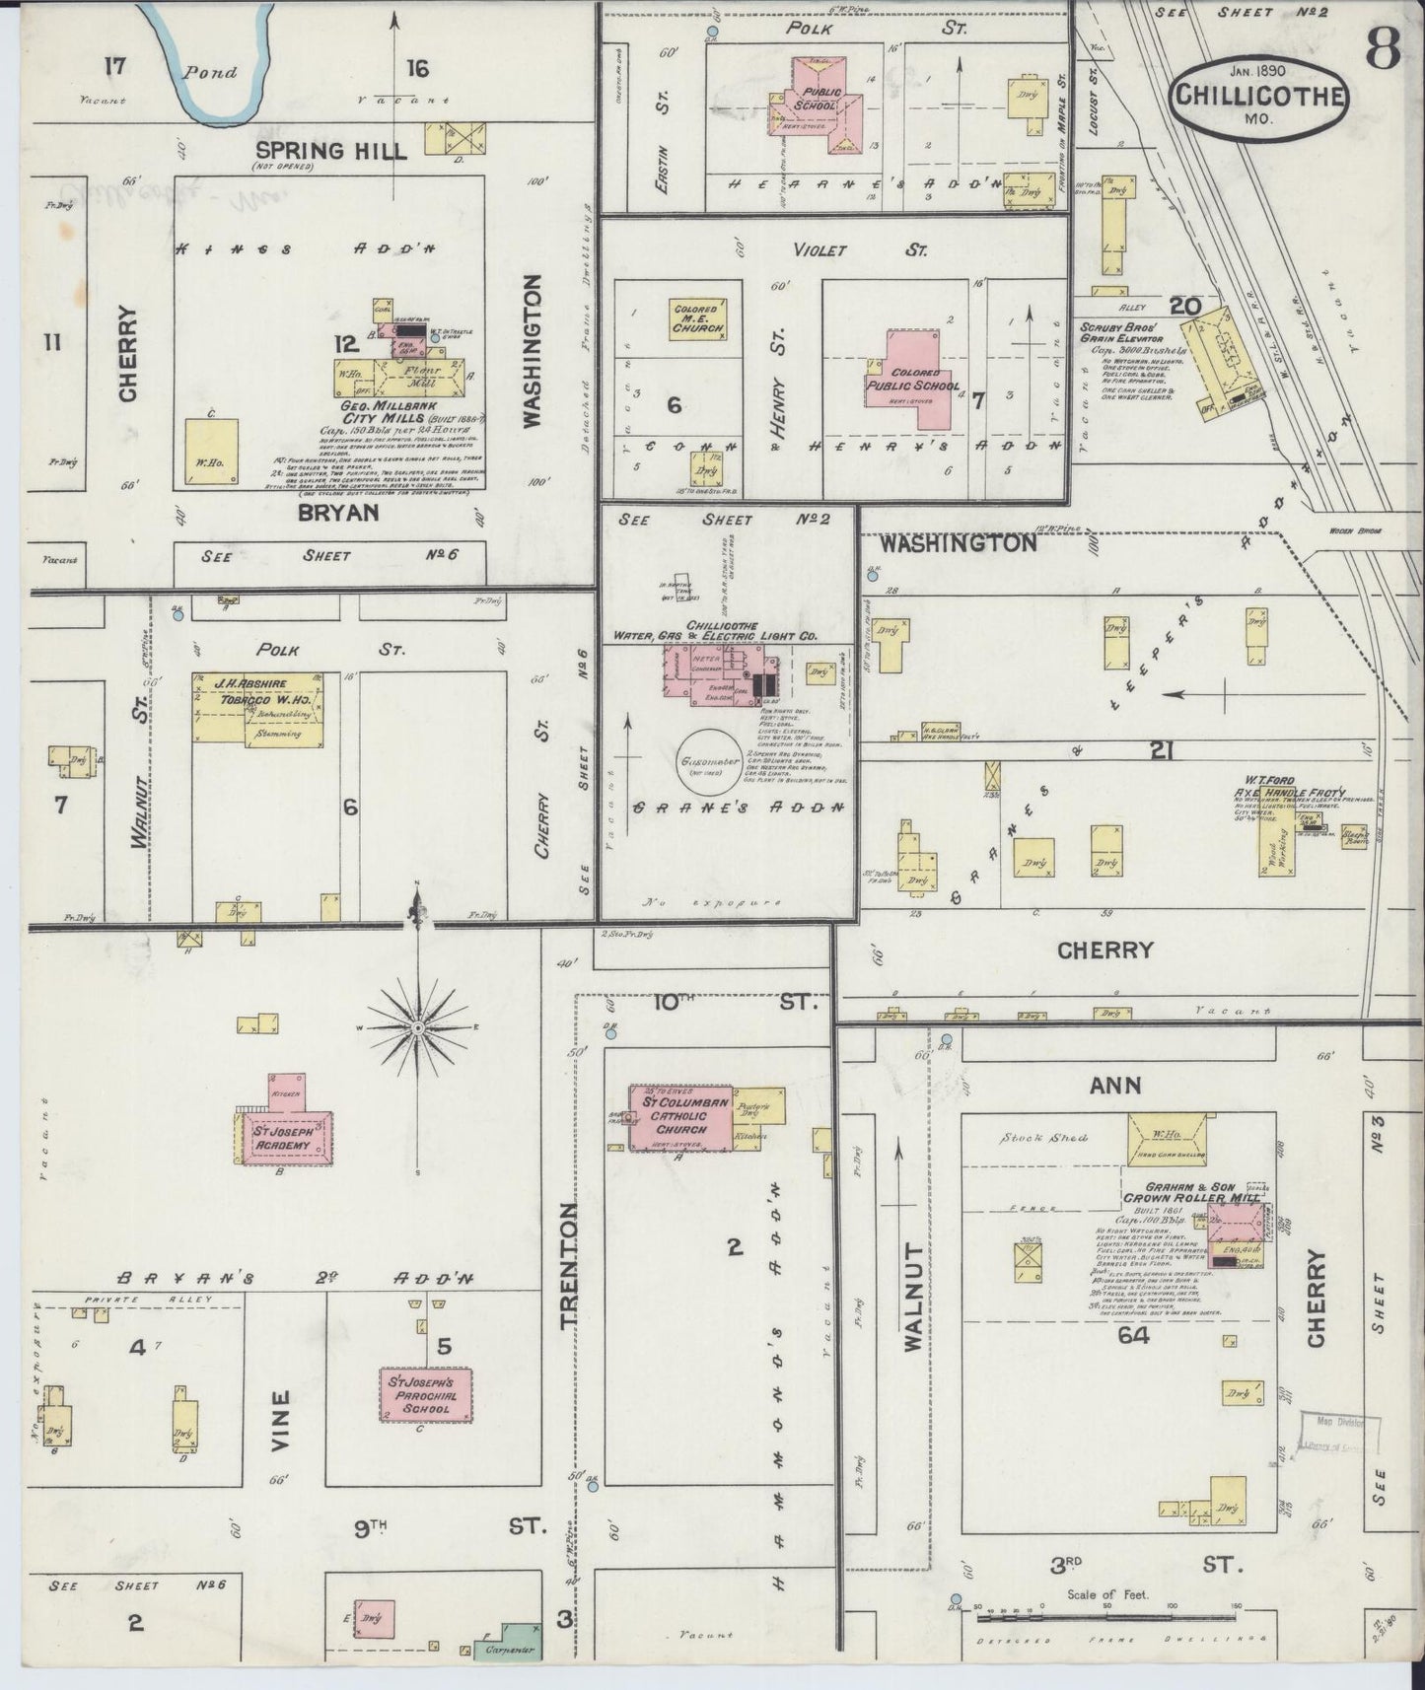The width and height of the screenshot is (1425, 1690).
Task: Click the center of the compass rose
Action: coord(418,1027)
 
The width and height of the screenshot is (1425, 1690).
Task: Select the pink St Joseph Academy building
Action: coord(287,1138)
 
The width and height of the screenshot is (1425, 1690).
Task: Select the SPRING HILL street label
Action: coord(330,150)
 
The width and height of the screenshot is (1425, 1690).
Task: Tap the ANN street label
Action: coord(1114,1085)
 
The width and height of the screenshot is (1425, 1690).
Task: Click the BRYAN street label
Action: coord(339,512)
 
